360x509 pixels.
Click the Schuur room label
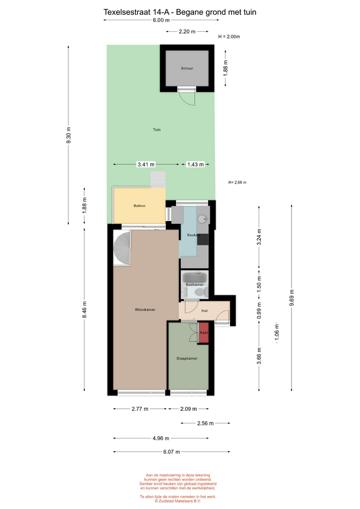click(187, 68)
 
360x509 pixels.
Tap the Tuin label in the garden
click(157, 129)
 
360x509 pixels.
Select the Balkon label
click(139, 206)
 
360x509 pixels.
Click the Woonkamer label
click(145, 310)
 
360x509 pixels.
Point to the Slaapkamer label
click(187, 358)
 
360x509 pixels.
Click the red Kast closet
click(204, 332)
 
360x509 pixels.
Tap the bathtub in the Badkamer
click(195, 277)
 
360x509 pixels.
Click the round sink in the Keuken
click(202, 219)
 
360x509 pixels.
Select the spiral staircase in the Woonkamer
click(122, 248)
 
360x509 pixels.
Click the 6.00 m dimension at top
click(161, 20)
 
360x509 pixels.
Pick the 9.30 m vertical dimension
click(68, 135)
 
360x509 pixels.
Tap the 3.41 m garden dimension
click(146, 164)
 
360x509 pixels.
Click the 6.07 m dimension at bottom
click(171, 452)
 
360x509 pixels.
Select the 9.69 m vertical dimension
click(292, 297)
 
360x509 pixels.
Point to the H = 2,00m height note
click(229, 37)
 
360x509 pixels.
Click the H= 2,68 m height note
click(238, 182)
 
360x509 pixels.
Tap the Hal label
click(205, 311)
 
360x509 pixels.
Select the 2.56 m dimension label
click(205, 423)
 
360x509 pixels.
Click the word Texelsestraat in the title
click(127, 12)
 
